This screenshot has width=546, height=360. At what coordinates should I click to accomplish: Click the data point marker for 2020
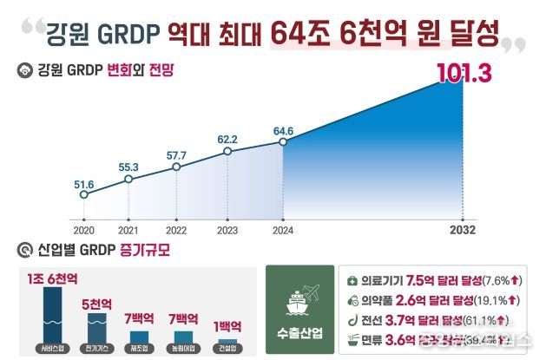(83, 194)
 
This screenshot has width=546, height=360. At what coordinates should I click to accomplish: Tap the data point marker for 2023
(228, 151)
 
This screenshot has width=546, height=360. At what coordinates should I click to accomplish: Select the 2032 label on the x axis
(463, 232)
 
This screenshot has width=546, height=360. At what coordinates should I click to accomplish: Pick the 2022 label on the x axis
(177, 232)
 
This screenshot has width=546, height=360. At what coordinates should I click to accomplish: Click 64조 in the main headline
(302, 34)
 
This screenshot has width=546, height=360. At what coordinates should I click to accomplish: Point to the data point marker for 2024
(282, 142)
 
